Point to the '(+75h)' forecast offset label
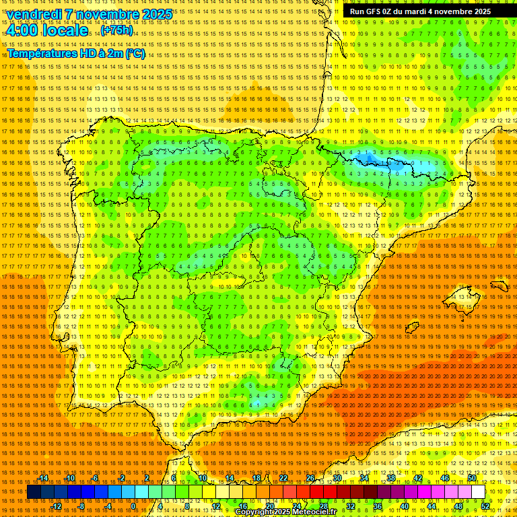pyautogui.click(x=117, y=30)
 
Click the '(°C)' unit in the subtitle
pyautogui.click(x=135, y=54)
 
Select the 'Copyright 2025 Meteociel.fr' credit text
pyautogui.click(x=285, y=512)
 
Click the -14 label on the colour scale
pyautogui.click(x=44, y=478)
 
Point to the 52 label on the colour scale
pyautogui.click(x=485, y=506)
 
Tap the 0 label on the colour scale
pyautogui.click(x=133, y=506)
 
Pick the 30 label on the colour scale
pyautogui.click(x=337, y=478)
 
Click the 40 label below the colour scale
pyautogui.click(x=405, y=506)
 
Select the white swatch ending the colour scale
pyautogui.click(x=478, y=492)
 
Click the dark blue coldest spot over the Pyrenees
pyautogui.click(x=368, y=160)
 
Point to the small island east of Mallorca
pyautogui.click(x=499, y=286)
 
